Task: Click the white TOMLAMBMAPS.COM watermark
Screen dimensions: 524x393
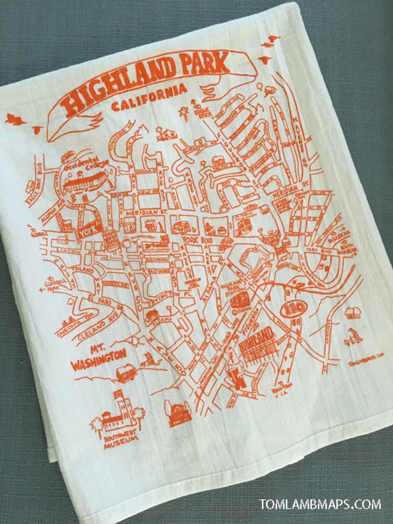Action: (321, 504)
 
